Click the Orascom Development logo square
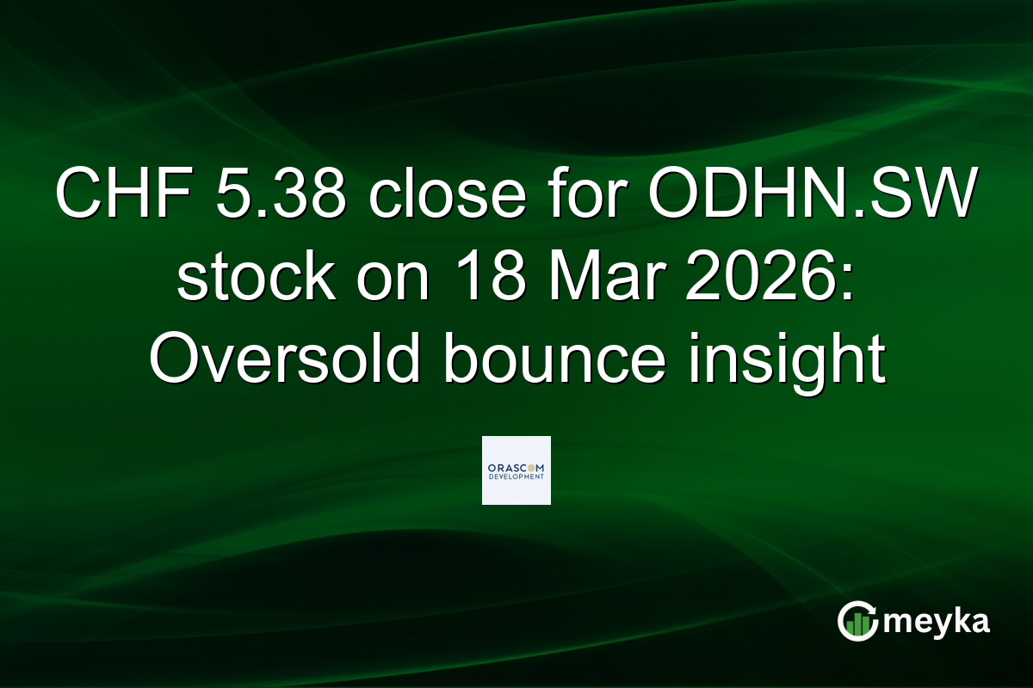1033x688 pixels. (x=516, y=470)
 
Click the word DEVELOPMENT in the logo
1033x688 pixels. (x=516, y=476)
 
